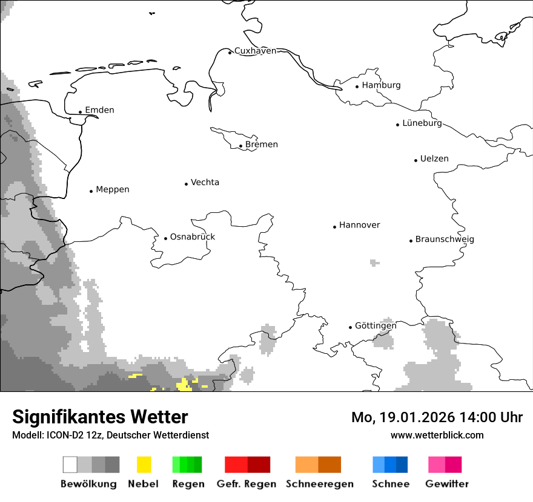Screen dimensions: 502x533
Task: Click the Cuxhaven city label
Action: point(255,51)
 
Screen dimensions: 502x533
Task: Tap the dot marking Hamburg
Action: point(357,86)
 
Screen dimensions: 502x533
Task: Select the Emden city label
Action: point(99,110)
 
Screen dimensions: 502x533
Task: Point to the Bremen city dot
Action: point(240,146)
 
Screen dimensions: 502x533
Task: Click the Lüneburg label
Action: point(422,123)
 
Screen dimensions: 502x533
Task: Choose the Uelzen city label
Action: point(434,159)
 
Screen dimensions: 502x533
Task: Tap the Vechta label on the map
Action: point(205,183)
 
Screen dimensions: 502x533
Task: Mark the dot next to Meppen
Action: point(91,191)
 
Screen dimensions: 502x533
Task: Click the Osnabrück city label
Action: point(192,237)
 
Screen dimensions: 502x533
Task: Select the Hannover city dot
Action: point(334,227)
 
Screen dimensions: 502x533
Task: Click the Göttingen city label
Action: point(376,326)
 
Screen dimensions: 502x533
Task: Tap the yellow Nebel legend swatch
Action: point(144,465)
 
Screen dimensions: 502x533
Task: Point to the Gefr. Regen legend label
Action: point(247,484)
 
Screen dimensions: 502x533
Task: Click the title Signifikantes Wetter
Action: point(100,417)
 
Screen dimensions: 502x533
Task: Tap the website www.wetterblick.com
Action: point(437,435)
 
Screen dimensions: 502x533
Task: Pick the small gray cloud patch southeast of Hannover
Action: point(374,263)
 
